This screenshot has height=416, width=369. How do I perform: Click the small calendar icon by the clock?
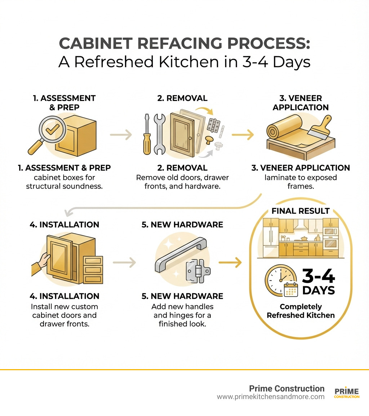(291, 289)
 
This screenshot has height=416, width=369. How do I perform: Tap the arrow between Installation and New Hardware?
(124, 263)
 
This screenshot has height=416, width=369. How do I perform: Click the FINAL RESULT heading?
(301, 211)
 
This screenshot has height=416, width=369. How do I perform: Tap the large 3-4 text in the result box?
(318, 277)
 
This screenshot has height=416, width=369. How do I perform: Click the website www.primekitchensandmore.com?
(271, 397)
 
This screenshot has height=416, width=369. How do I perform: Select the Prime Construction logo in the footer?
(347, 393)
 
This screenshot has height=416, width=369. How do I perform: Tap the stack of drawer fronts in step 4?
(93, 270)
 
